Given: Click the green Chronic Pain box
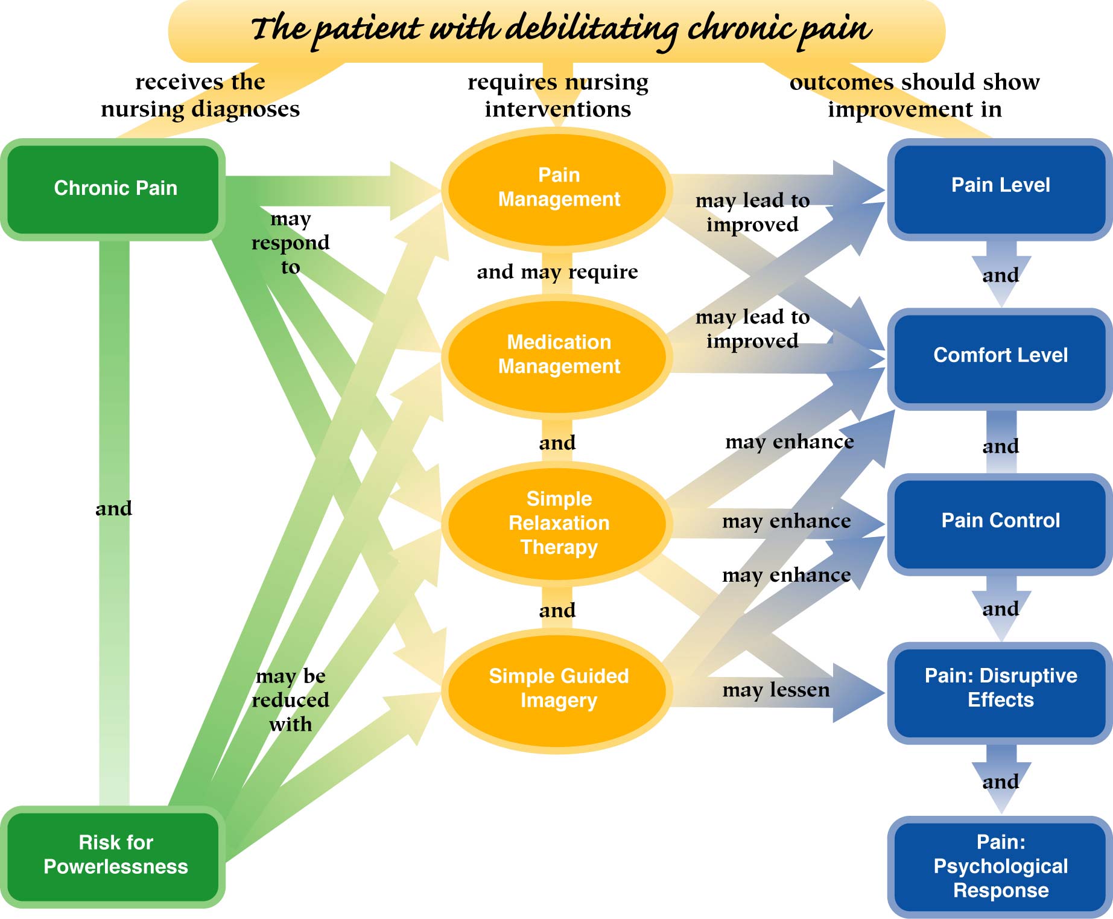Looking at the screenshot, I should [x=115, y=189].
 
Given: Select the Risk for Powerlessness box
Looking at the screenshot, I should [x=115, y=855].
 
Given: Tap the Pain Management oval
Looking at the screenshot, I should [x=559, y=188].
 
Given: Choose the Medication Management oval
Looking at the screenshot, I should [x=559, y=355].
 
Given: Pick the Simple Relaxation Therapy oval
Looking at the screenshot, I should [x=559, y=523].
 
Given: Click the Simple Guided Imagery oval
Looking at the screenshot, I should [x=559, y=688].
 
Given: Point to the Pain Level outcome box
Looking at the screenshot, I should [x=1000, y=186].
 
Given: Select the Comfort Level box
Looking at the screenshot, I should [x=1000, y=356].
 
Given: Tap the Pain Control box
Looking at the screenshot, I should [x=1000, y=521].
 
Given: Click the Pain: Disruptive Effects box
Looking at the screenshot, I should [x=1000, y=688].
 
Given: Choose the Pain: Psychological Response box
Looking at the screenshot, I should [x=1000, y=867].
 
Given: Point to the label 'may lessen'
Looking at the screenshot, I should [x=776, y=690].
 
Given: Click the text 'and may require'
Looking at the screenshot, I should [x=557, y=272].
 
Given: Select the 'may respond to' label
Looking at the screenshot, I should [x=290, y=243].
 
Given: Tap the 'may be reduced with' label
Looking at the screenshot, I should [x=290, y=700].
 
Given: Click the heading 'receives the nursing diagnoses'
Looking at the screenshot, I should [x=200, y=95].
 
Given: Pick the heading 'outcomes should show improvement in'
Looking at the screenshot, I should [x=915, y=95].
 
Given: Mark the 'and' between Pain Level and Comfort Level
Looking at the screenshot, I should [x=1001, y=276].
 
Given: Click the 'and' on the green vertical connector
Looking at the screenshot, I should [x=113, y=509].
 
